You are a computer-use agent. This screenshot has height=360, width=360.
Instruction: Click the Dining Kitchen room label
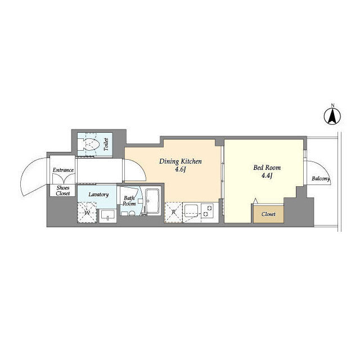click(181, 161)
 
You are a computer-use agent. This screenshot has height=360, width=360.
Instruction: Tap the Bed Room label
click(267, 168)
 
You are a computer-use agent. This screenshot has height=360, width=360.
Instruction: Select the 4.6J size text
click(180, 170)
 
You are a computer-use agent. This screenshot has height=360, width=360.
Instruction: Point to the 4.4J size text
click(267, 176)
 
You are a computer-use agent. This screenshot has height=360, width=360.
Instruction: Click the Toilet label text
click(106, 145)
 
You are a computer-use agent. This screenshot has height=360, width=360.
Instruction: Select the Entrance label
click(63, 170)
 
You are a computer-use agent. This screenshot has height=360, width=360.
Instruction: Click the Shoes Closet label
click(62, 191)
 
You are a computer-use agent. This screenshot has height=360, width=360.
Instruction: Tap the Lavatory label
click(98, 195)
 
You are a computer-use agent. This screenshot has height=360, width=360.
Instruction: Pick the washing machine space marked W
click(87, 213)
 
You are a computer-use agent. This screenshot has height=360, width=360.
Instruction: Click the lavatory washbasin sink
click(107, 215)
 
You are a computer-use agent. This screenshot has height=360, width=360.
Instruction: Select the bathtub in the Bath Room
click(152, 202)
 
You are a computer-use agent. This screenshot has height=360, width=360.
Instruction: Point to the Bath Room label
click(129, 201)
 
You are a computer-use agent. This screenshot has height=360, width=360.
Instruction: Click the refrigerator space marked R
click(173, 212)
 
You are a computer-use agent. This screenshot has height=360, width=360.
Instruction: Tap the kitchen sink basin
click(191, 210)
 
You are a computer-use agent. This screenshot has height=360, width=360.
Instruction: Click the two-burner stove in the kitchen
click(208, 211)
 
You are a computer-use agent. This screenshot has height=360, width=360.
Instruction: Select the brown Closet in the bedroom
click(269, 214)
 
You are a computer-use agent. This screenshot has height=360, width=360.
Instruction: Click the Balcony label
click(321, 179)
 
